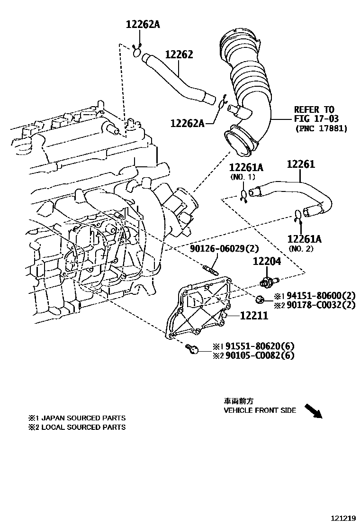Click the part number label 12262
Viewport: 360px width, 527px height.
click(x=179, y=55)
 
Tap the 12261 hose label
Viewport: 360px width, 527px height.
click(x=301, y=164)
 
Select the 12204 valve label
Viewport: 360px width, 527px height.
click(x=266, y=261)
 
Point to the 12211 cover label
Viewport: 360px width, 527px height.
click(x=254, y=315)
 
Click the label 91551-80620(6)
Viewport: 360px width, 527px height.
click(x=260, y=346)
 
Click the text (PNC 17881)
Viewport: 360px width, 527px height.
click(x=321, y=128)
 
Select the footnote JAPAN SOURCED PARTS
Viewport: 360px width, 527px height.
click(x=83, y=418)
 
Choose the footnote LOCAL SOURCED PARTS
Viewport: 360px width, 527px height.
click(x=83, y=427)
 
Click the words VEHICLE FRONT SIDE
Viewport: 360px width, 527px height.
click(x=260, y=410)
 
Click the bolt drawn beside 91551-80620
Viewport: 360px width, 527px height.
click(x=191, y=349)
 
